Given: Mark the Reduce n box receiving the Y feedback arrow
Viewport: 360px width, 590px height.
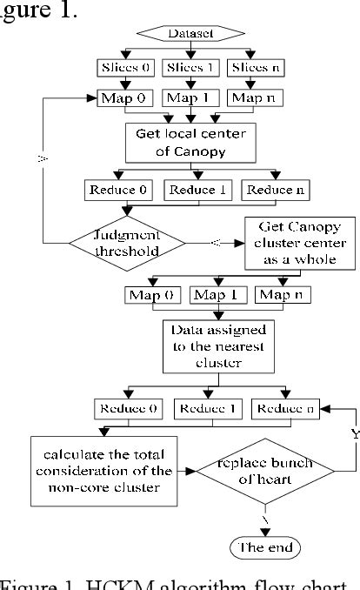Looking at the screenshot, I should [x=283, y=406].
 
